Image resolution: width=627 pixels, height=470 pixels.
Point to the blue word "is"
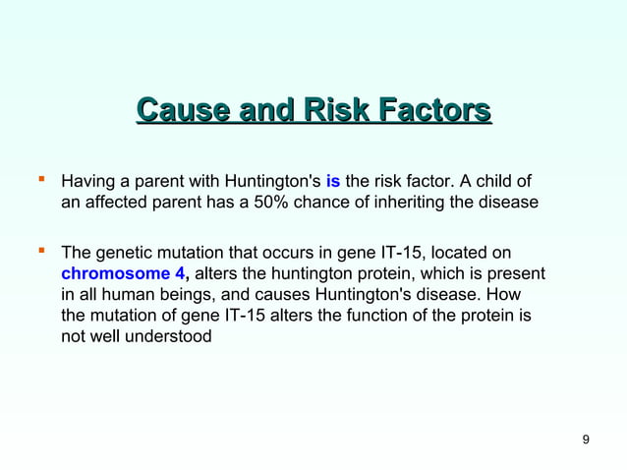pyautogui.click(x=332, y=182)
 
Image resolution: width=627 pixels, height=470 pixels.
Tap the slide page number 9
pyautogui.click(x=586, y=439)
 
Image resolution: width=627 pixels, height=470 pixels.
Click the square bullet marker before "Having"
pyautogui.click(x=41, y=181)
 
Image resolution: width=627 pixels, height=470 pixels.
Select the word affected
pyautogui.click(x=113, y=203)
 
